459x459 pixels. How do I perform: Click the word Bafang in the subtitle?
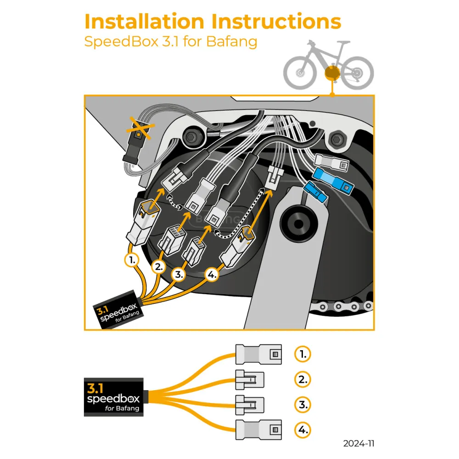(x=231, y=41)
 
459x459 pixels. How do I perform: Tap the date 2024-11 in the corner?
(x=359, y=443)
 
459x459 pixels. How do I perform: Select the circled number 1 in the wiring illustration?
(x=132, y=260)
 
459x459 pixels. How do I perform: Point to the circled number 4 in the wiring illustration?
(x=211, y=275)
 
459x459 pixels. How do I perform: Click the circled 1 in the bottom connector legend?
(x=302, y=354)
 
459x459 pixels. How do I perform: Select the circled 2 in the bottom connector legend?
(x=302, y=380)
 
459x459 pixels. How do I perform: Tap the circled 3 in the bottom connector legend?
(x=302, y=405)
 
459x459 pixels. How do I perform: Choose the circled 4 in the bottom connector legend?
(x=302, y=430)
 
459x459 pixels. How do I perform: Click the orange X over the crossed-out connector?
(x=140, y=128)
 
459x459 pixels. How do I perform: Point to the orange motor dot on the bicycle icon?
(x=331, y=73)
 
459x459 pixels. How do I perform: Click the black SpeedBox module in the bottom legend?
(x=114, y=397)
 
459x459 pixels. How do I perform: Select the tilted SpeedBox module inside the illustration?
(x=118, y=310)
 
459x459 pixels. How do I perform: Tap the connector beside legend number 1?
(x=259, y=354)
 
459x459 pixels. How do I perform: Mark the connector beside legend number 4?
(x=259, y=430)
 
